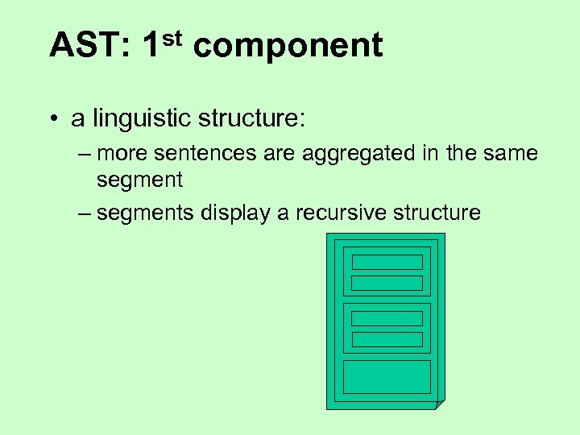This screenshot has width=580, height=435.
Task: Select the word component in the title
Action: click(288, 48)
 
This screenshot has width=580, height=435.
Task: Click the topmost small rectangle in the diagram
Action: click(387, 262)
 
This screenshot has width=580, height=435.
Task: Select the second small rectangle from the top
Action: click(387, 283)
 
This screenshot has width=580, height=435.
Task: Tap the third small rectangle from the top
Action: click(387, 318)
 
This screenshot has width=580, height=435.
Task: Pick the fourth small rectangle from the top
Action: click(387, 339)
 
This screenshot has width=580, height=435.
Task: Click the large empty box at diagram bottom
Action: click(387, 376)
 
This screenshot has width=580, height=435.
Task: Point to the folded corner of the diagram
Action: click(439, 404)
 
